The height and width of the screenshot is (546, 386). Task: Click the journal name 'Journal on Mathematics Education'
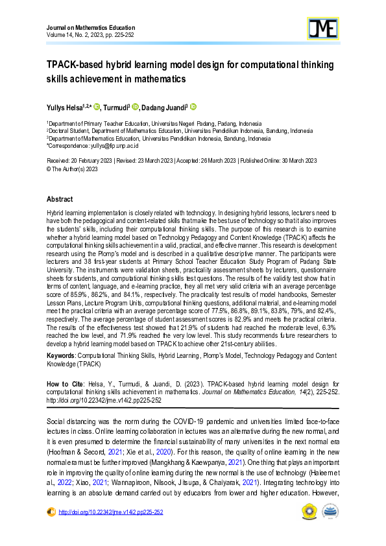[x=91, y=28]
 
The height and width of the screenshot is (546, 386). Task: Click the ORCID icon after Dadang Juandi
[x=193, y=107]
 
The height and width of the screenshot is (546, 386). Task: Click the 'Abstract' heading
[x=60, y=199]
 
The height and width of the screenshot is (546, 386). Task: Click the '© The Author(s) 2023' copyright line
[x=72, y=169]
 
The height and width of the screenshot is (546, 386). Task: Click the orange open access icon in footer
[x=51, y=512]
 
